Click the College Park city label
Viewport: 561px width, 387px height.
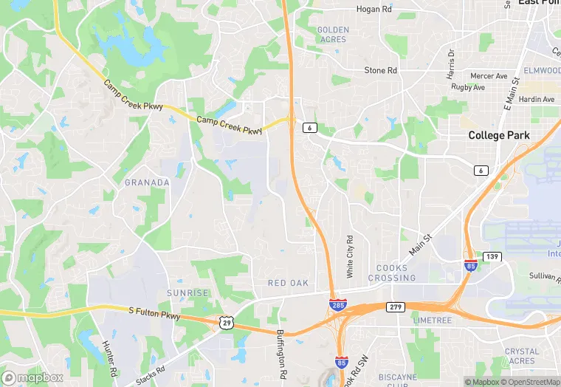502,136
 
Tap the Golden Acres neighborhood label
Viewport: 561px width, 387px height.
332,34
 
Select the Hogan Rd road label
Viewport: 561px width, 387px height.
374,9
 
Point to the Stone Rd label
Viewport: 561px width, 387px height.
381,70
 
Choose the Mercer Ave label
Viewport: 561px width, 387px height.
489,76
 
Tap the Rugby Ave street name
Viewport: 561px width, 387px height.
467,87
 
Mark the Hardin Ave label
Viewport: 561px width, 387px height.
537,99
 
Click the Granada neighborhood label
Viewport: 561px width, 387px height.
147,182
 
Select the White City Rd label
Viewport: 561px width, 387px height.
351,257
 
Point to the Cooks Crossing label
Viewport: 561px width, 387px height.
396,273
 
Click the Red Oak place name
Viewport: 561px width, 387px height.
289,284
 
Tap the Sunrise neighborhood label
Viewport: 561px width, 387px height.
187,293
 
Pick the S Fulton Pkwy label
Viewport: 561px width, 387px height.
154,315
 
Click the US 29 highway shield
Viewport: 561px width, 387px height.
227,322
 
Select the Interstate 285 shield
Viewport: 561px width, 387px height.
338,304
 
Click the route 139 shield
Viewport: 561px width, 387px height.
492,256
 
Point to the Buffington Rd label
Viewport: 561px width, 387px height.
280,350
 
